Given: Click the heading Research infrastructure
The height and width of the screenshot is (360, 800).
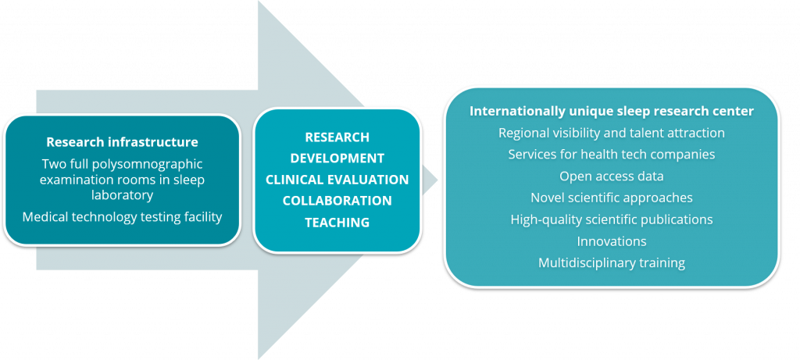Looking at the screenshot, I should (122, 142).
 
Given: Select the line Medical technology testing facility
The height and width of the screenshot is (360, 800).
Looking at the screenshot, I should (122, 216).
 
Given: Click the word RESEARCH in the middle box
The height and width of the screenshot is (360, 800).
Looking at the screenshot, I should (337, 137).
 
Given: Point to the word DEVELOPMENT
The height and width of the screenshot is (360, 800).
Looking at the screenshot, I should (337, 159).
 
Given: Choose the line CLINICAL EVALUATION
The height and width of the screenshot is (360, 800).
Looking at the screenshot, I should (337, 180).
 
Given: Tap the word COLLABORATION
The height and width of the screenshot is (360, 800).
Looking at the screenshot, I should (337, 201).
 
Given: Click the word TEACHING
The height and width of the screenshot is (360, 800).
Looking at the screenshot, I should (337, 223).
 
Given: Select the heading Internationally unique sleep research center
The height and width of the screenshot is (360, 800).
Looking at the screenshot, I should (611, 111).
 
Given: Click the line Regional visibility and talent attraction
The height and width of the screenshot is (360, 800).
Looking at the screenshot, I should (611, 133).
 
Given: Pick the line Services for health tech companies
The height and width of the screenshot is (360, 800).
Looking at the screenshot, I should (611, 155).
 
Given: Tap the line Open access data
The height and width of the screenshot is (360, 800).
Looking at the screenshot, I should (611, 176).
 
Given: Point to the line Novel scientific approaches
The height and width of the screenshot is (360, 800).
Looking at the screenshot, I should (611, 198).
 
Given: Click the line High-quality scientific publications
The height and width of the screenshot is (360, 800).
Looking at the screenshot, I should (611, 219).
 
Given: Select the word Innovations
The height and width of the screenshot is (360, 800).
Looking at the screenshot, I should (611, 241).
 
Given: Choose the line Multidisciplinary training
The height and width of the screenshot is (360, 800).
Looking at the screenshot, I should (611, 262).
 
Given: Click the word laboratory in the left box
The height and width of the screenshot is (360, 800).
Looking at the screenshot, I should (122, 195).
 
